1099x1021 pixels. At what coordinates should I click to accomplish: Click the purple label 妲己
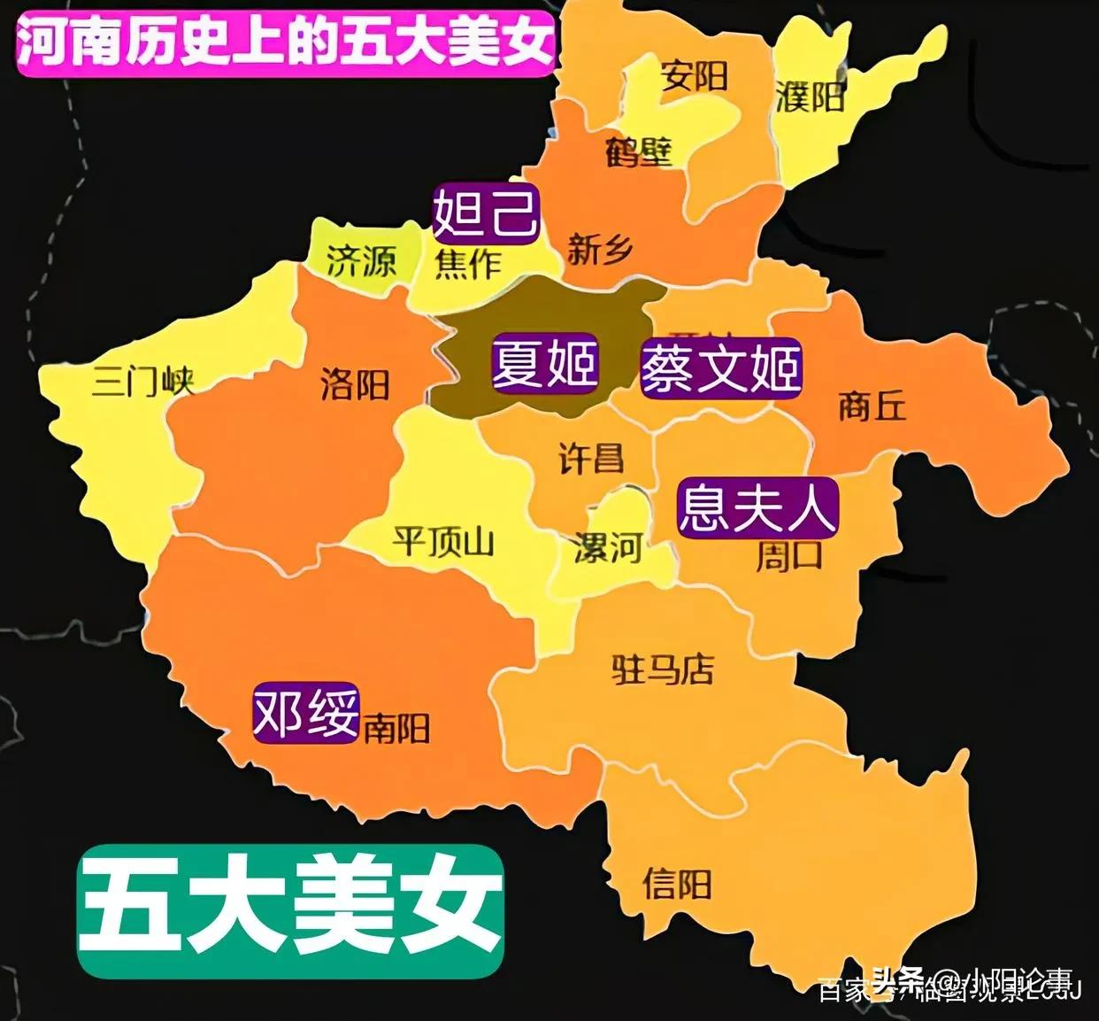[x=485, y=213]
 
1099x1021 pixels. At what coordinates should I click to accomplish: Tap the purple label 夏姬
[x=545, y=364]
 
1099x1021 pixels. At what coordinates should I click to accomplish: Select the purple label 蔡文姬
[x=721, y=367]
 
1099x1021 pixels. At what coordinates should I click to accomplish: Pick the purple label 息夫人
[x=757, y=507]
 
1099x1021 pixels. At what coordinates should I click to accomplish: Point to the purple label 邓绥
[x=306, y=713]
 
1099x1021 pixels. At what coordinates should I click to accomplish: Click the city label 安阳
[x=695, y=76]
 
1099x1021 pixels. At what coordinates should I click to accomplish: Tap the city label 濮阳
[x=810, y=96]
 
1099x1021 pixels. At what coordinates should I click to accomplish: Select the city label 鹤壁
[x=639, y=151]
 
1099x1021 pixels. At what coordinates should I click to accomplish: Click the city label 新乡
[x=600, y=250]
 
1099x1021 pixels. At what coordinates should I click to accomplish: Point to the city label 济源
[x=361, y=260]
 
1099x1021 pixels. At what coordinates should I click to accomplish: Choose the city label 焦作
[x=467, y=263]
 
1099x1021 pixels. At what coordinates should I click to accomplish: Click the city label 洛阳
[x=355, y=384]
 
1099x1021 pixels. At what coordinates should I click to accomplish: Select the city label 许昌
[x=591, y=458]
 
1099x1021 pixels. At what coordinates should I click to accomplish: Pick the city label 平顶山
[x=442, y=541]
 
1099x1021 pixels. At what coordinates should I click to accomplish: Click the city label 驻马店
[x=663, y=669]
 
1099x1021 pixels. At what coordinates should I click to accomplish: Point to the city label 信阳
[x=677, y=883]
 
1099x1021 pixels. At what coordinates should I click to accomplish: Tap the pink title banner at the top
[x=285, y=40]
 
